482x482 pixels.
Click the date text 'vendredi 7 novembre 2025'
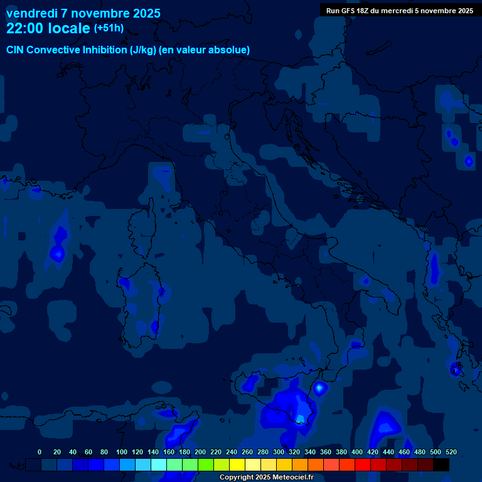coord(83,13)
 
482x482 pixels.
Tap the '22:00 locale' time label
coord(48,28)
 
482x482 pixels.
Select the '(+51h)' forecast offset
coord(109,28)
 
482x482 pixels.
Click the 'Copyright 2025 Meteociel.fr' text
coord(266,478)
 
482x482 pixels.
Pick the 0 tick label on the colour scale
coord(40,453)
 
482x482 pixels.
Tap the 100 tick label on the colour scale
coord(121,453)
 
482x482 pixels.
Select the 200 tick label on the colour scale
coord(200,453)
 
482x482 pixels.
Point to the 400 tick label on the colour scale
coord(357,453)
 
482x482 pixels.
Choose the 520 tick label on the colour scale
coord(451,453)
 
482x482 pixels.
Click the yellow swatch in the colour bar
coord(237,465)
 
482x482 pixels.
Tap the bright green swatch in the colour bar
coord(206,465)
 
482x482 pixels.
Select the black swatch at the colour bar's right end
coord(441,465)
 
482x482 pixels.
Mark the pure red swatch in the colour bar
coord(363,465)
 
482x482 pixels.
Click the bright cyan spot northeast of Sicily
coord(319,388)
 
